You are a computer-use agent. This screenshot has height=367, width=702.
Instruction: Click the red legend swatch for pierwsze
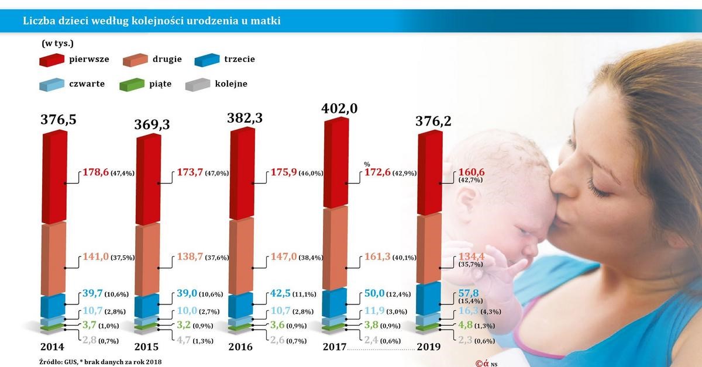pos(51,60)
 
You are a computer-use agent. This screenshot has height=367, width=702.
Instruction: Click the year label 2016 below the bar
pos(240,347)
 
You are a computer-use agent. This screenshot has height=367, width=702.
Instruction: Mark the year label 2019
pos(429,347)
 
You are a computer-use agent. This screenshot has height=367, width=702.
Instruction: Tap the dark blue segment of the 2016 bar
pos(241,306)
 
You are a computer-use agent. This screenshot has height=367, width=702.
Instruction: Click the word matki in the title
pos(268,22)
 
